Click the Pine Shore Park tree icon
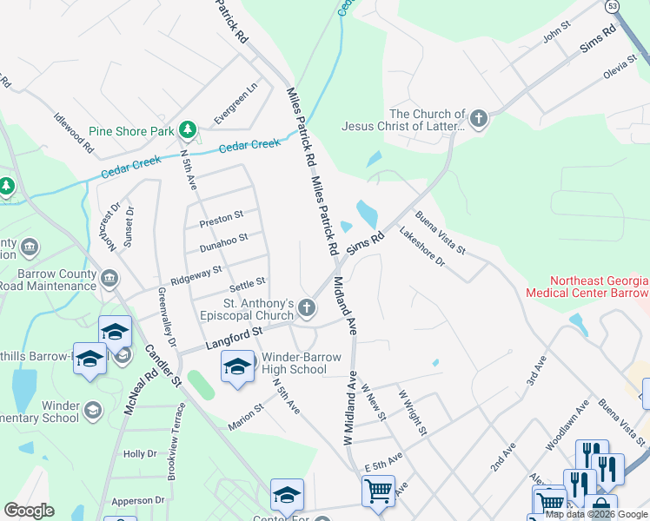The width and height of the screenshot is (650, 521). [187, 130]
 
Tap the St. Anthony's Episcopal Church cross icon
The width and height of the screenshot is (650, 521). [307, 307]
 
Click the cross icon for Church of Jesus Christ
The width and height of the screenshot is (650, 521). [477, 118]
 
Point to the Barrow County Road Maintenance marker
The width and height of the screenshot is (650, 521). [109, 279]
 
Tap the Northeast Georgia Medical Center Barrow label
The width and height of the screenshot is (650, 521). [587, 287]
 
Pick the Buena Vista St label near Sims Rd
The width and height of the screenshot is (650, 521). [441, 232]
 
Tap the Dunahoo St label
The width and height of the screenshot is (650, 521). [224, 240]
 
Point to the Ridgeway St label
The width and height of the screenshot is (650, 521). [196, 275]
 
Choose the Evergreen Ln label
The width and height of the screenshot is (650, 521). [236, 102]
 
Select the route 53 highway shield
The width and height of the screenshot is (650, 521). [613, 6]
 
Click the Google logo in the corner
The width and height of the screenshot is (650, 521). [29, 511]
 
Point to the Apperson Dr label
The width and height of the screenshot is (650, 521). [138, 500]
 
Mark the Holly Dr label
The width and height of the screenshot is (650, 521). [140, 454]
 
